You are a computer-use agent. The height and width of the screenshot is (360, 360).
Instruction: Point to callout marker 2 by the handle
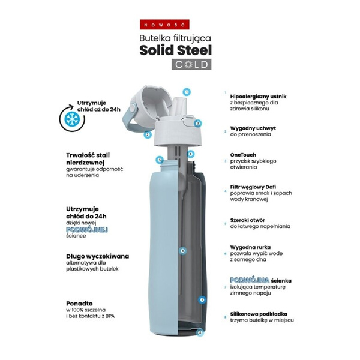(x=147, y=134)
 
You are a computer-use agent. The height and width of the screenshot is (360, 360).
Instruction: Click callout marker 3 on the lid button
(x=197, y=123)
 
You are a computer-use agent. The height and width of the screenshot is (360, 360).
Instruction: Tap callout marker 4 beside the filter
(x=190, y=154)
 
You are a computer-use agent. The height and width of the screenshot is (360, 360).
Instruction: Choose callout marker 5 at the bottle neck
(x=159, y=160)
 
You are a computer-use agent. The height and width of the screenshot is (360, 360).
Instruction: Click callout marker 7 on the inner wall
(x=202, y=299)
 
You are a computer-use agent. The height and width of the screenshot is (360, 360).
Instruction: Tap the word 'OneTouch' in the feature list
(x=244, y=155)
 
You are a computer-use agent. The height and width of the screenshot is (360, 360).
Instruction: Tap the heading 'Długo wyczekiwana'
(x=97, y=256)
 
